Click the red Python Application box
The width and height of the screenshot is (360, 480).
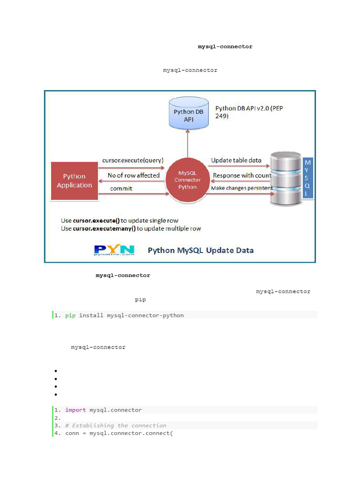pyautogui.click(x=75, y=181)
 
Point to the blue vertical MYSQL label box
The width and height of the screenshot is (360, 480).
pyautogui.click(x=307, y=178)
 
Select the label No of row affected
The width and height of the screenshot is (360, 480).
pyautogui.click(x=134, y=175)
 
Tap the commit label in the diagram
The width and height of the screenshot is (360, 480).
pyautogui.click(x=121, y=188)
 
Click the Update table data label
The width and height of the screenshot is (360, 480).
pyautogui.click(x=236, y=160)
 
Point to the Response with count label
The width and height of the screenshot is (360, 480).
pyautogui.click(x=242, y=175)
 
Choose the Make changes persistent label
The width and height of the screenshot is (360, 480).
pyautogui.click(x=242, y=188)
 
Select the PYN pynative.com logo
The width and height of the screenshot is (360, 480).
pyautogui.click(x=114, y=250)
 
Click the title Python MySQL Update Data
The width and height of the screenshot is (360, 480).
pyautogui.click(x=201, y=250)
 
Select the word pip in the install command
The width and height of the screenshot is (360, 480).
pyautogui.click(x=70, y=315)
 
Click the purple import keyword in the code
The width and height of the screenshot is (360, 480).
pyautogui.click(x=75, y=410)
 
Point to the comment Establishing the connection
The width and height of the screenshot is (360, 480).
pyautogui.click(x=116, y=426)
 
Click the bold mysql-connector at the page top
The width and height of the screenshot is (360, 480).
pyautogui.click(x=225, y=47)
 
